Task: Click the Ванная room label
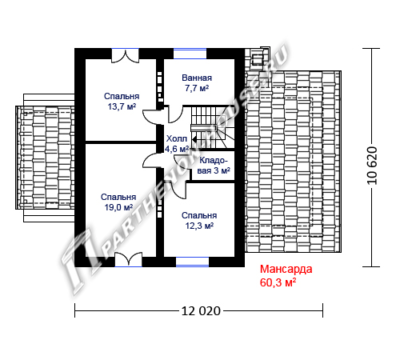197,78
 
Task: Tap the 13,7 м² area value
122,106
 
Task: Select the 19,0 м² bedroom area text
118,207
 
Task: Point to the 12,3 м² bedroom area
199,226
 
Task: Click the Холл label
177,138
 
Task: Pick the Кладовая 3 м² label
214,166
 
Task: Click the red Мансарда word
286,269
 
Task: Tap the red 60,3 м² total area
278,282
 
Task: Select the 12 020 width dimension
201,311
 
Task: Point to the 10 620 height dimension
372,166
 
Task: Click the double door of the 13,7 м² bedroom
126,56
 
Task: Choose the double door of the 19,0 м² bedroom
129,259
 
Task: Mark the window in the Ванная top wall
190,54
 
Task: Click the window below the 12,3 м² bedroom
192,262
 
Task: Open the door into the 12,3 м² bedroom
178,190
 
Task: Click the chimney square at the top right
258,59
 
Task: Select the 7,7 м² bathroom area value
197,88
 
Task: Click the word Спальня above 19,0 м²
118,197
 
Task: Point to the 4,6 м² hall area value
177,149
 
